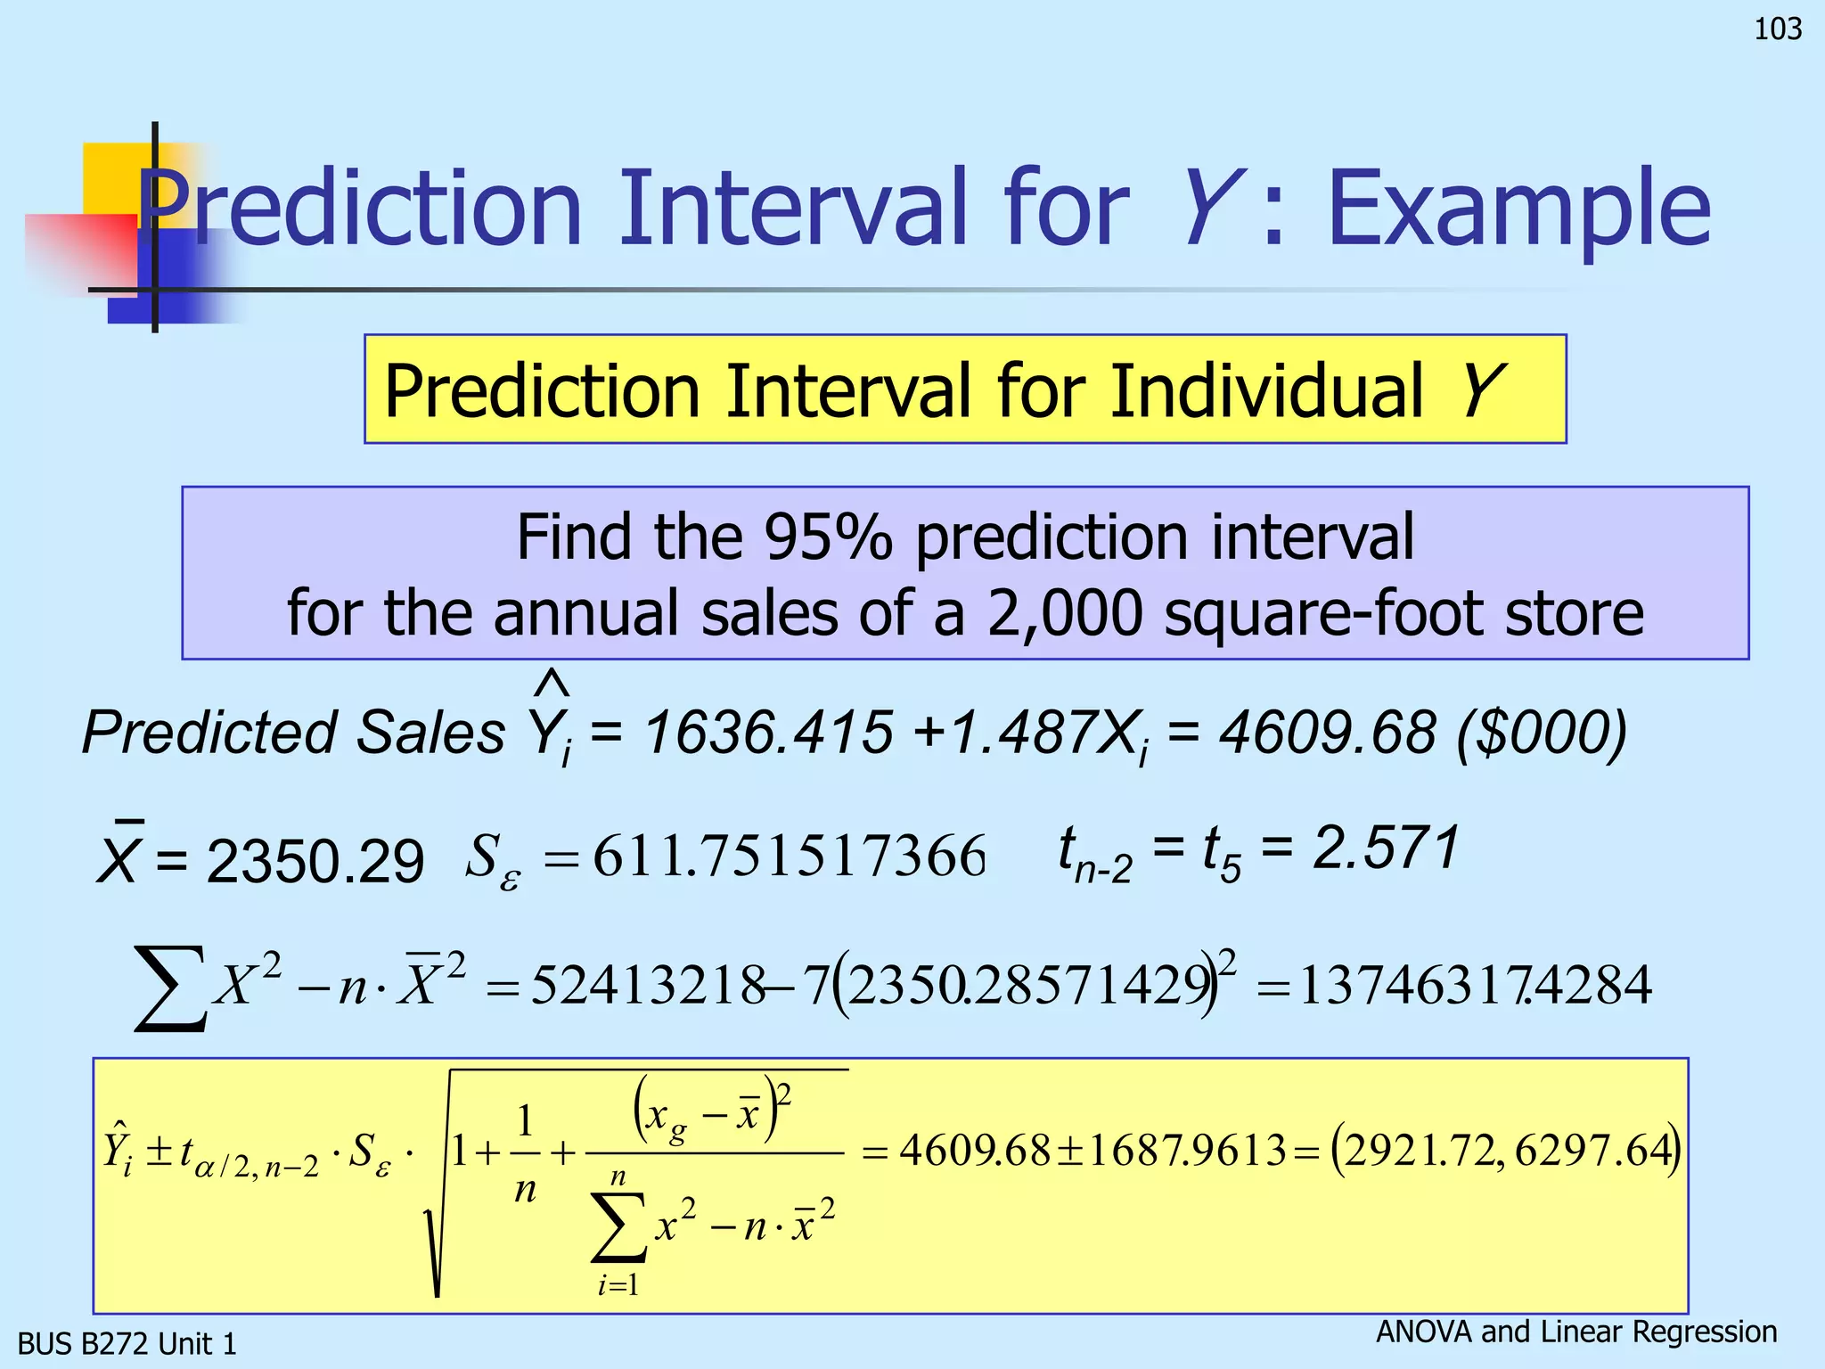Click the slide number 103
[x=1778, y=29]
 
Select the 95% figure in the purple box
[x=828, y=537]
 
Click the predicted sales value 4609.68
[x=1328, y=733]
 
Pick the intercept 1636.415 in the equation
[x=769, y=733]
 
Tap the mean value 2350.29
[x=315, y=862]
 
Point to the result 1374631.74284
[x=1475, y=986]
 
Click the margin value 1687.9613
[x=1187, y=1151]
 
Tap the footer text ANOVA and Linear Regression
[x=1576, y=1332]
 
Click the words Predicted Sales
[x=293, y=733]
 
